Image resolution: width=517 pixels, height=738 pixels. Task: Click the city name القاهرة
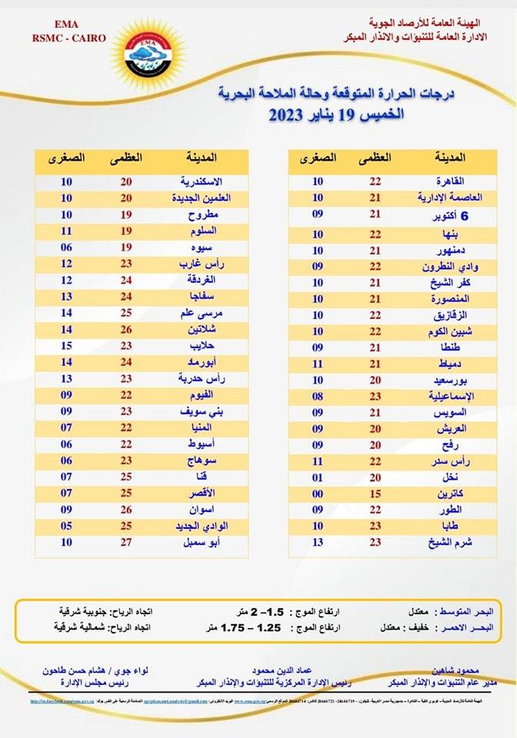pos(450,181)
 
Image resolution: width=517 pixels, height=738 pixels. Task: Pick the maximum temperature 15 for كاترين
pos(376,494)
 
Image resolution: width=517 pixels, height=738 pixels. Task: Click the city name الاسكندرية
pos(202,181)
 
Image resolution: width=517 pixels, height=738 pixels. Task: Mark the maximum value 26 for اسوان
pos(126,510)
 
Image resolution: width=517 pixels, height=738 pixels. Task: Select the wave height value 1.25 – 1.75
pos(248,627)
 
